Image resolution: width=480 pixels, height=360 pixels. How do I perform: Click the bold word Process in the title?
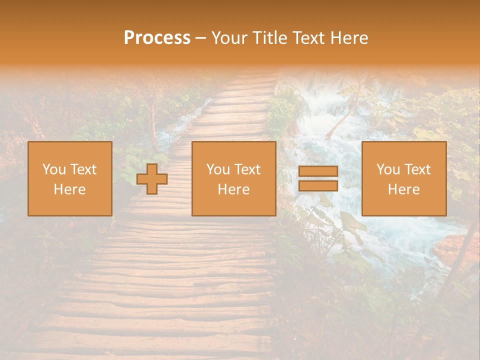pos(157,38)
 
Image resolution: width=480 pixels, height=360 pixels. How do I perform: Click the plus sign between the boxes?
pos(152,179)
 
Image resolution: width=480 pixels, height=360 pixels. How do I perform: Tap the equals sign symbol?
pos(318,178)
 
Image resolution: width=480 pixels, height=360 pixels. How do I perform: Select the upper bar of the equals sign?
pos(318,171)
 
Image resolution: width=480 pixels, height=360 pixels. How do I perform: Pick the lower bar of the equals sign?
pos(318,185)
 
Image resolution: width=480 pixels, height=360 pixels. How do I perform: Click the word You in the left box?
pos(54,169)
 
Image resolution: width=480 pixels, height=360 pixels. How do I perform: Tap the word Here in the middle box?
pos(233,189)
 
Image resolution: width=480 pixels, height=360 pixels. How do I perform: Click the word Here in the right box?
pos(403,189)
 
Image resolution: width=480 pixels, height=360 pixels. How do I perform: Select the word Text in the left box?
pos(83,169)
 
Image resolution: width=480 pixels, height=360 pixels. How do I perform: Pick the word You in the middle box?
pos(218,169)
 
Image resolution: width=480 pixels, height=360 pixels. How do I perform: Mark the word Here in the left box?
pos(69,189)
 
